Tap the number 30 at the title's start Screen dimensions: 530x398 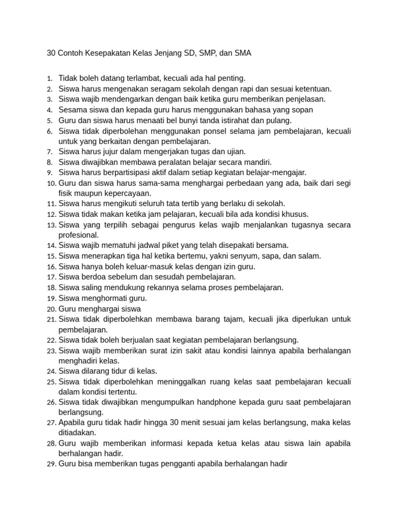click(x=51, y=53)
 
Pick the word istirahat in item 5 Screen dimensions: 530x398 click(x=220, y=120)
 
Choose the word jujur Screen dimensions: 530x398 click(x=117, y=152)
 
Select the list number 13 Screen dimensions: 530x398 click(x=51, y=225)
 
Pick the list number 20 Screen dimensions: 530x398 click(x=51, y=309)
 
